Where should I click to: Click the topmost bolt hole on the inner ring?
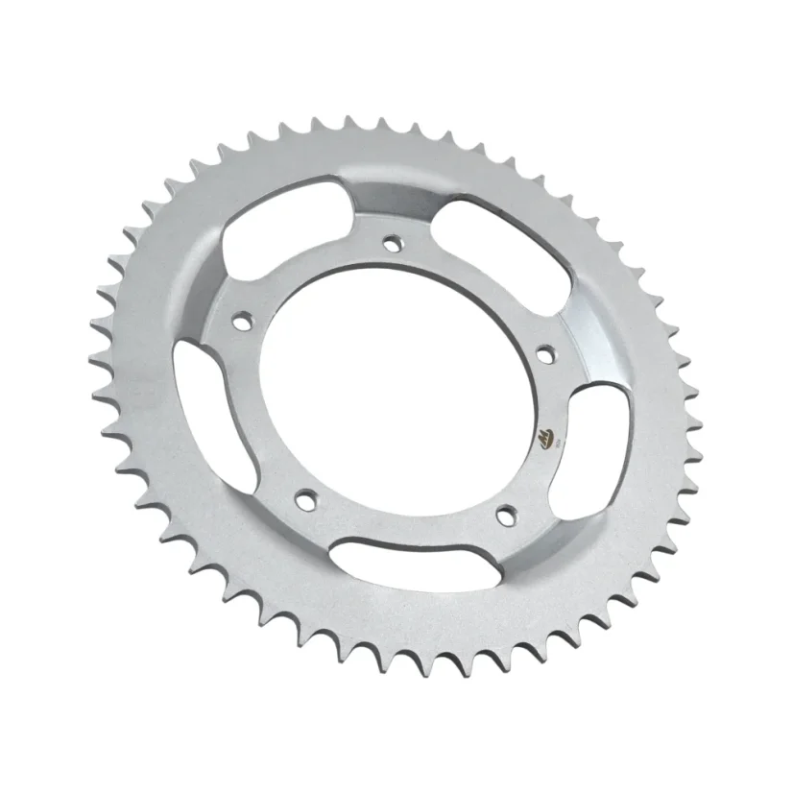point(391,242)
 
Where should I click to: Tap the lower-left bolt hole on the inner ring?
point(306,498)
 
